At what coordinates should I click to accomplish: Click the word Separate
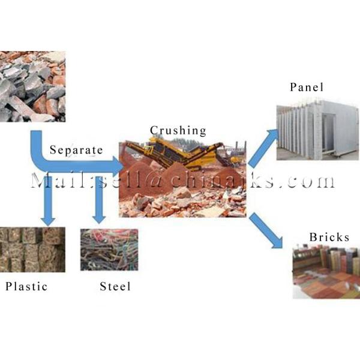[76, 149]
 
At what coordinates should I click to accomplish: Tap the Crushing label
[178, 130]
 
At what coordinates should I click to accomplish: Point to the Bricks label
[329, 237]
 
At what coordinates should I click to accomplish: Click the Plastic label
[26, 286]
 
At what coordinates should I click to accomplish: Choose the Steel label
[115, 286]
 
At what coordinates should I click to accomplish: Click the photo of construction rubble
[32, 86]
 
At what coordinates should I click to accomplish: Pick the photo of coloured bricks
[326, 273]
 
